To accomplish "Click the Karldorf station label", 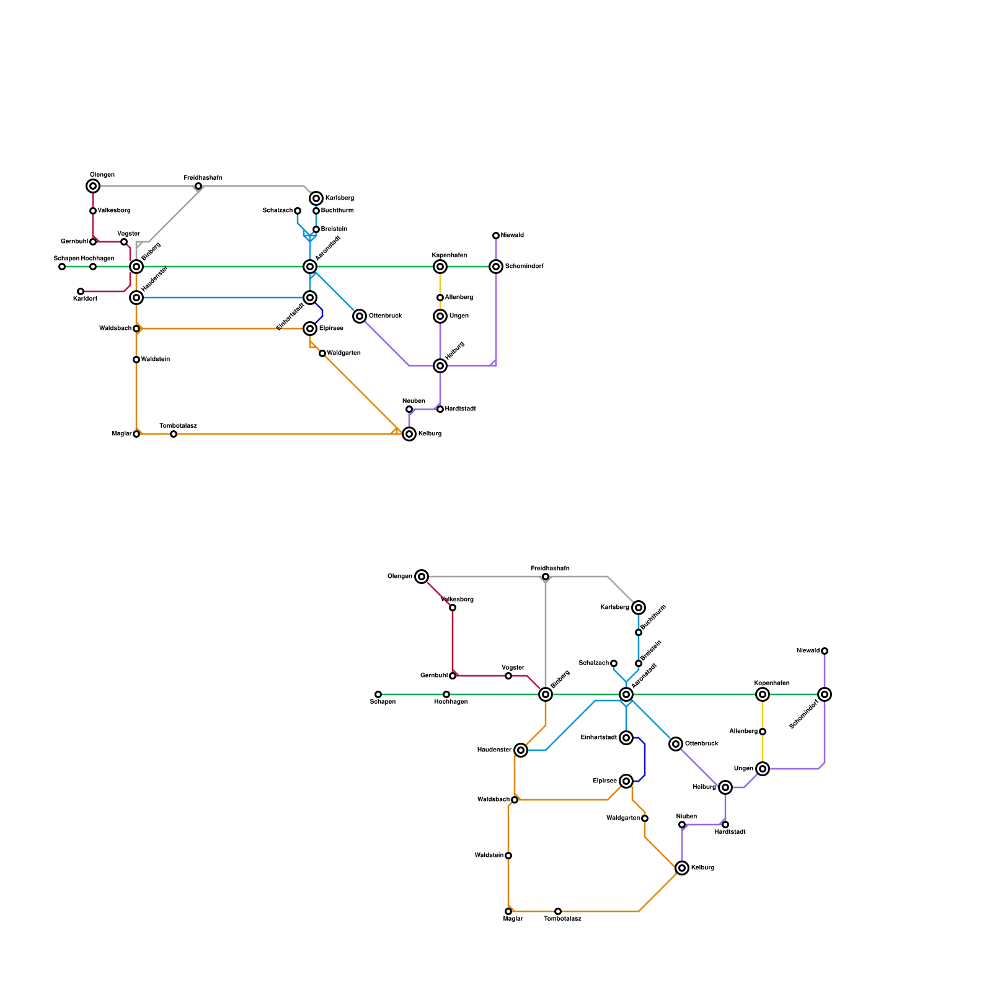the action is click(x=85, y=299).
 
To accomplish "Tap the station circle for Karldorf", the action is click(x=81, y=291).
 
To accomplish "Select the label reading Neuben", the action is click(x=414, y=401).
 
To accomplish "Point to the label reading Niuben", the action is click(x=686, y=817).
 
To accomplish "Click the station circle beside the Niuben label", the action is click(x=682, y=825).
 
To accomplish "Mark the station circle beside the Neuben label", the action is click(x=409, y=409).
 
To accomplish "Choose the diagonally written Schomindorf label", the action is click(x=804, y=714).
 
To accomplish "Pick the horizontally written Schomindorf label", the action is click(x=524, y=267).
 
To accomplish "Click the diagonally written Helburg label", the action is click(x=454, y=350).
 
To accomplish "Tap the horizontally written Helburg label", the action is click(x=704, y=787).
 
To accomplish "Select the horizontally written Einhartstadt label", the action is click(x=598, y=738).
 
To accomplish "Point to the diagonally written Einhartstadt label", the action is click(x=290, y=316).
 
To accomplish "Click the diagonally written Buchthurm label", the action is click(x=653, y=618).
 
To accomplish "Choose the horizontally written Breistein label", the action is click(x=334, y=229).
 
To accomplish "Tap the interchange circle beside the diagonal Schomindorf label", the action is click(x=825, y=694).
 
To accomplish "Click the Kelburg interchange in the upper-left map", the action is click(x=409, y=434).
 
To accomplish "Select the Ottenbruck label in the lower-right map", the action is click(x=701, y=744).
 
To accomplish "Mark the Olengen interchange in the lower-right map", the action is click(x=422, y=577).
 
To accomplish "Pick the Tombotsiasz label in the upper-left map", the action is click(x=178, y=426).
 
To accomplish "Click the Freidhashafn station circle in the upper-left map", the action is click(x=198, y=186).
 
